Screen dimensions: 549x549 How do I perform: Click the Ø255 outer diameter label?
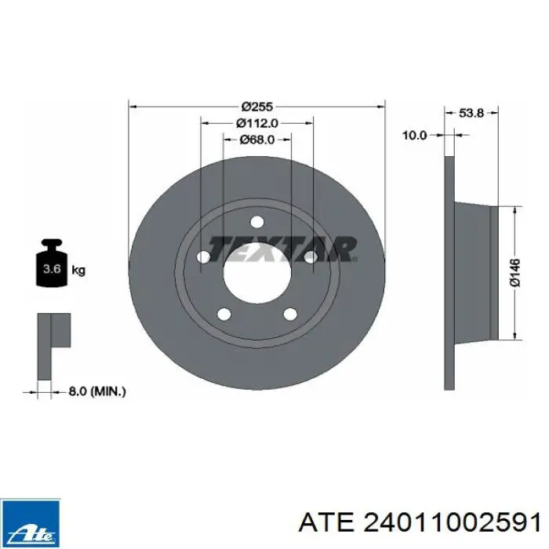pos(257,107)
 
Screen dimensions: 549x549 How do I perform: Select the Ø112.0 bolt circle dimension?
pos(257,123)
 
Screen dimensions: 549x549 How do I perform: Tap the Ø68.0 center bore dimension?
pos(257,140)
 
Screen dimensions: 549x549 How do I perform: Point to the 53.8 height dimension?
pos(471,113)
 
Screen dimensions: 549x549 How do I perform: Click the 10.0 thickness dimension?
pos(415,135)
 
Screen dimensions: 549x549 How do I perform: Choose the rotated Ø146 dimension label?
pos(515,273)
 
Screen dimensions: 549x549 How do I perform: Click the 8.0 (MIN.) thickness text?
pos(97,391)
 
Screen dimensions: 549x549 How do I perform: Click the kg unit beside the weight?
pos(78,271)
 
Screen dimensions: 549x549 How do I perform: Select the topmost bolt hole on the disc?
pos(257,222)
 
